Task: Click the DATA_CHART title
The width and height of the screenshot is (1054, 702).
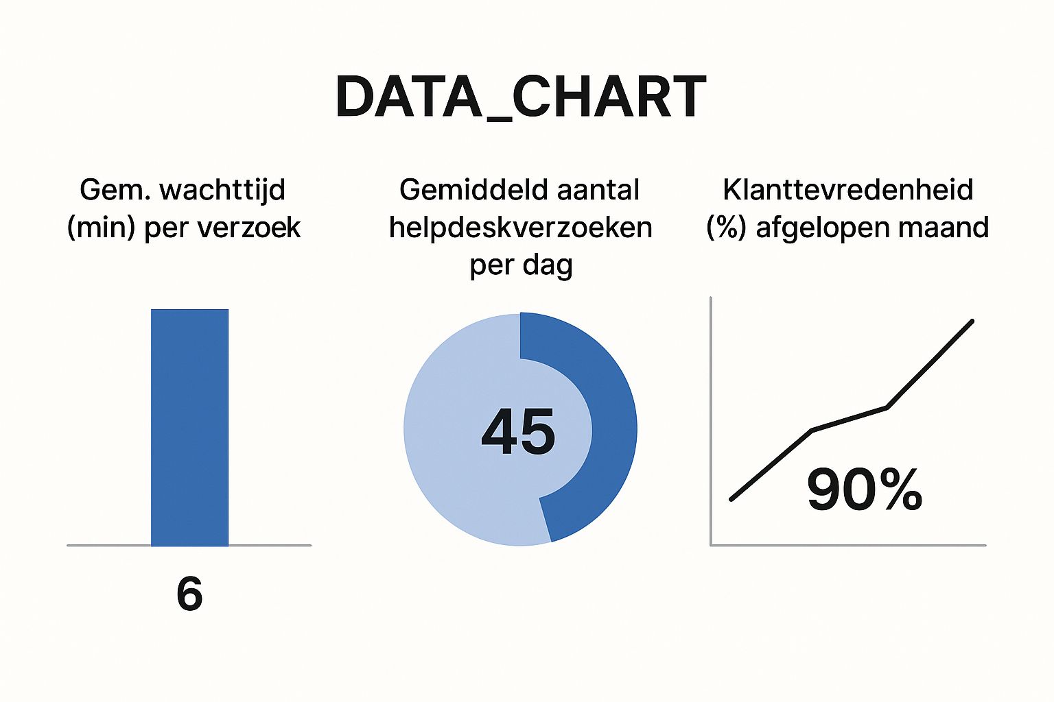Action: tap(521, 97)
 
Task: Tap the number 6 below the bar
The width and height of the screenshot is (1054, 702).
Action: tap(189, 594)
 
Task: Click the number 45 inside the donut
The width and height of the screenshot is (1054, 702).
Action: tap(518, 432)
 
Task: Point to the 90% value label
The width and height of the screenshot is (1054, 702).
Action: tap(864, 489)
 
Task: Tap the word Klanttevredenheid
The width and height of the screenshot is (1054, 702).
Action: tap(848, 189)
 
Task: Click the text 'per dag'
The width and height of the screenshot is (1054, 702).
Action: tap(521, 265)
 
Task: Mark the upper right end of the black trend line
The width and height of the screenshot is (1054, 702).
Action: tap(972, 321)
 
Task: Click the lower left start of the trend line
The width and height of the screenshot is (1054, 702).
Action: tap(732, 498)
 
